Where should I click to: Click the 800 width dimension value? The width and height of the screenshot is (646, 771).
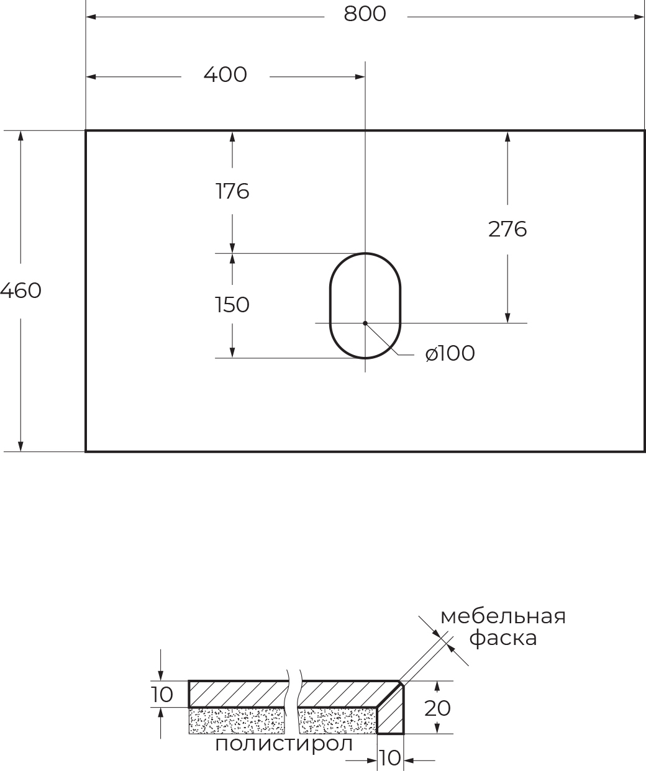click(365, 14)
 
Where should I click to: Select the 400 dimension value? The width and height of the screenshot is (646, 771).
click(225, 74)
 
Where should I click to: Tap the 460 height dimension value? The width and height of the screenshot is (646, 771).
click(20, 291)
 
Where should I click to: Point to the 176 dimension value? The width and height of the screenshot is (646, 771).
click(232, 191)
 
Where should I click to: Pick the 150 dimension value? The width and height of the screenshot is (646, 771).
click(232, 305)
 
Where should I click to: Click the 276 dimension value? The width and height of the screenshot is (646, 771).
click(507, 229)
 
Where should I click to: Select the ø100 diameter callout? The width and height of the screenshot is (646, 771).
click(450, 353)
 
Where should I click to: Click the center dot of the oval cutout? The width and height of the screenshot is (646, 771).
click(365, 323)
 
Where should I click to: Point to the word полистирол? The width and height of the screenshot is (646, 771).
click(284, 744)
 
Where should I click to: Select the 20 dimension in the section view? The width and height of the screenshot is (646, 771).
click(437, 708)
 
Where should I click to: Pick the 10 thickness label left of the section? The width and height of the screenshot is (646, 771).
click(162, 695)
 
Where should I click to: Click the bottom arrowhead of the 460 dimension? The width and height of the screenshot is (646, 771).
click(20, 446)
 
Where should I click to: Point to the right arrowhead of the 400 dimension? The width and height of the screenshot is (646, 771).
click(360, 77)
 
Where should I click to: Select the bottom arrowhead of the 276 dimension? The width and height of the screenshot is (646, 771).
click(507, 318)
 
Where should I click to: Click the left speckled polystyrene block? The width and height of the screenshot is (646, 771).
click(237, 721)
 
